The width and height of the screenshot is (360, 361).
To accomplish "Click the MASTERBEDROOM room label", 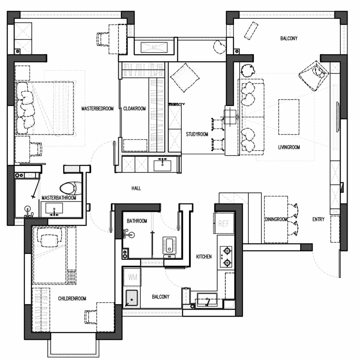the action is [x=97, y=108].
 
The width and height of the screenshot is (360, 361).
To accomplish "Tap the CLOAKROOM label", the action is [x=134, y=108].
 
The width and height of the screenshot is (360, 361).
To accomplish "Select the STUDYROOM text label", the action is [x=197, y=134].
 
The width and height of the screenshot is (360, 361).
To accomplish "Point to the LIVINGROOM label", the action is [x=289, y=147].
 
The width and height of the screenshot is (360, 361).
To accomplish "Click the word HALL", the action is [x=136, y=188].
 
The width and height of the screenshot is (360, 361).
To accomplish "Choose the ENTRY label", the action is [x=318, y=219].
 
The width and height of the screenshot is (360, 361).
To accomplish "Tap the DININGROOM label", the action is [x=276, y=219].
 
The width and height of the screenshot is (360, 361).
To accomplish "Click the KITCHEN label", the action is [x=204, y=256].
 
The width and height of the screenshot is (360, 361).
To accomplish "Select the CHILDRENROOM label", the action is [x=72, y=298].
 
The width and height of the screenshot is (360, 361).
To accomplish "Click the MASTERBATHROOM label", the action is [x=59, y=198].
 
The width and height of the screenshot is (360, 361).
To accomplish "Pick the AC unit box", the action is [x=154, y=48].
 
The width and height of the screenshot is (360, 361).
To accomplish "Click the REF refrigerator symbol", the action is [x=224, y=223].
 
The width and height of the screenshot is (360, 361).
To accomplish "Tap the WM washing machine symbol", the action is [x=132, y=277].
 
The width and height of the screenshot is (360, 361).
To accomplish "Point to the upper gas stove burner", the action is [x=227, y=250].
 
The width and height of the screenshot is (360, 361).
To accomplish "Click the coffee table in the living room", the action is [x=289, y=117].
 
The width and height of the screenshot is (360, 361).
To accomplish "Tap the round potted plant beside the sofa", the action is [x=248, y=70].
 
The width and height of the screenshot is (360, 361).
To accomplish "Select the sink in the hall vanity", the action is [x=163, y=165].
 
